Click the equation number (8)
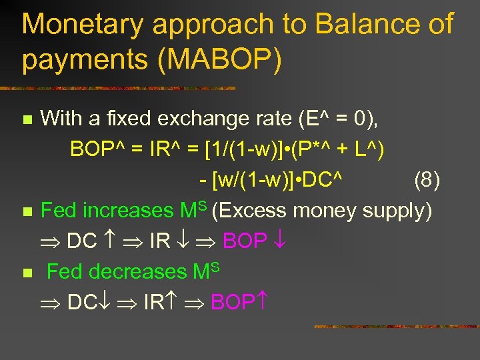click(x=427, y=179)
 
